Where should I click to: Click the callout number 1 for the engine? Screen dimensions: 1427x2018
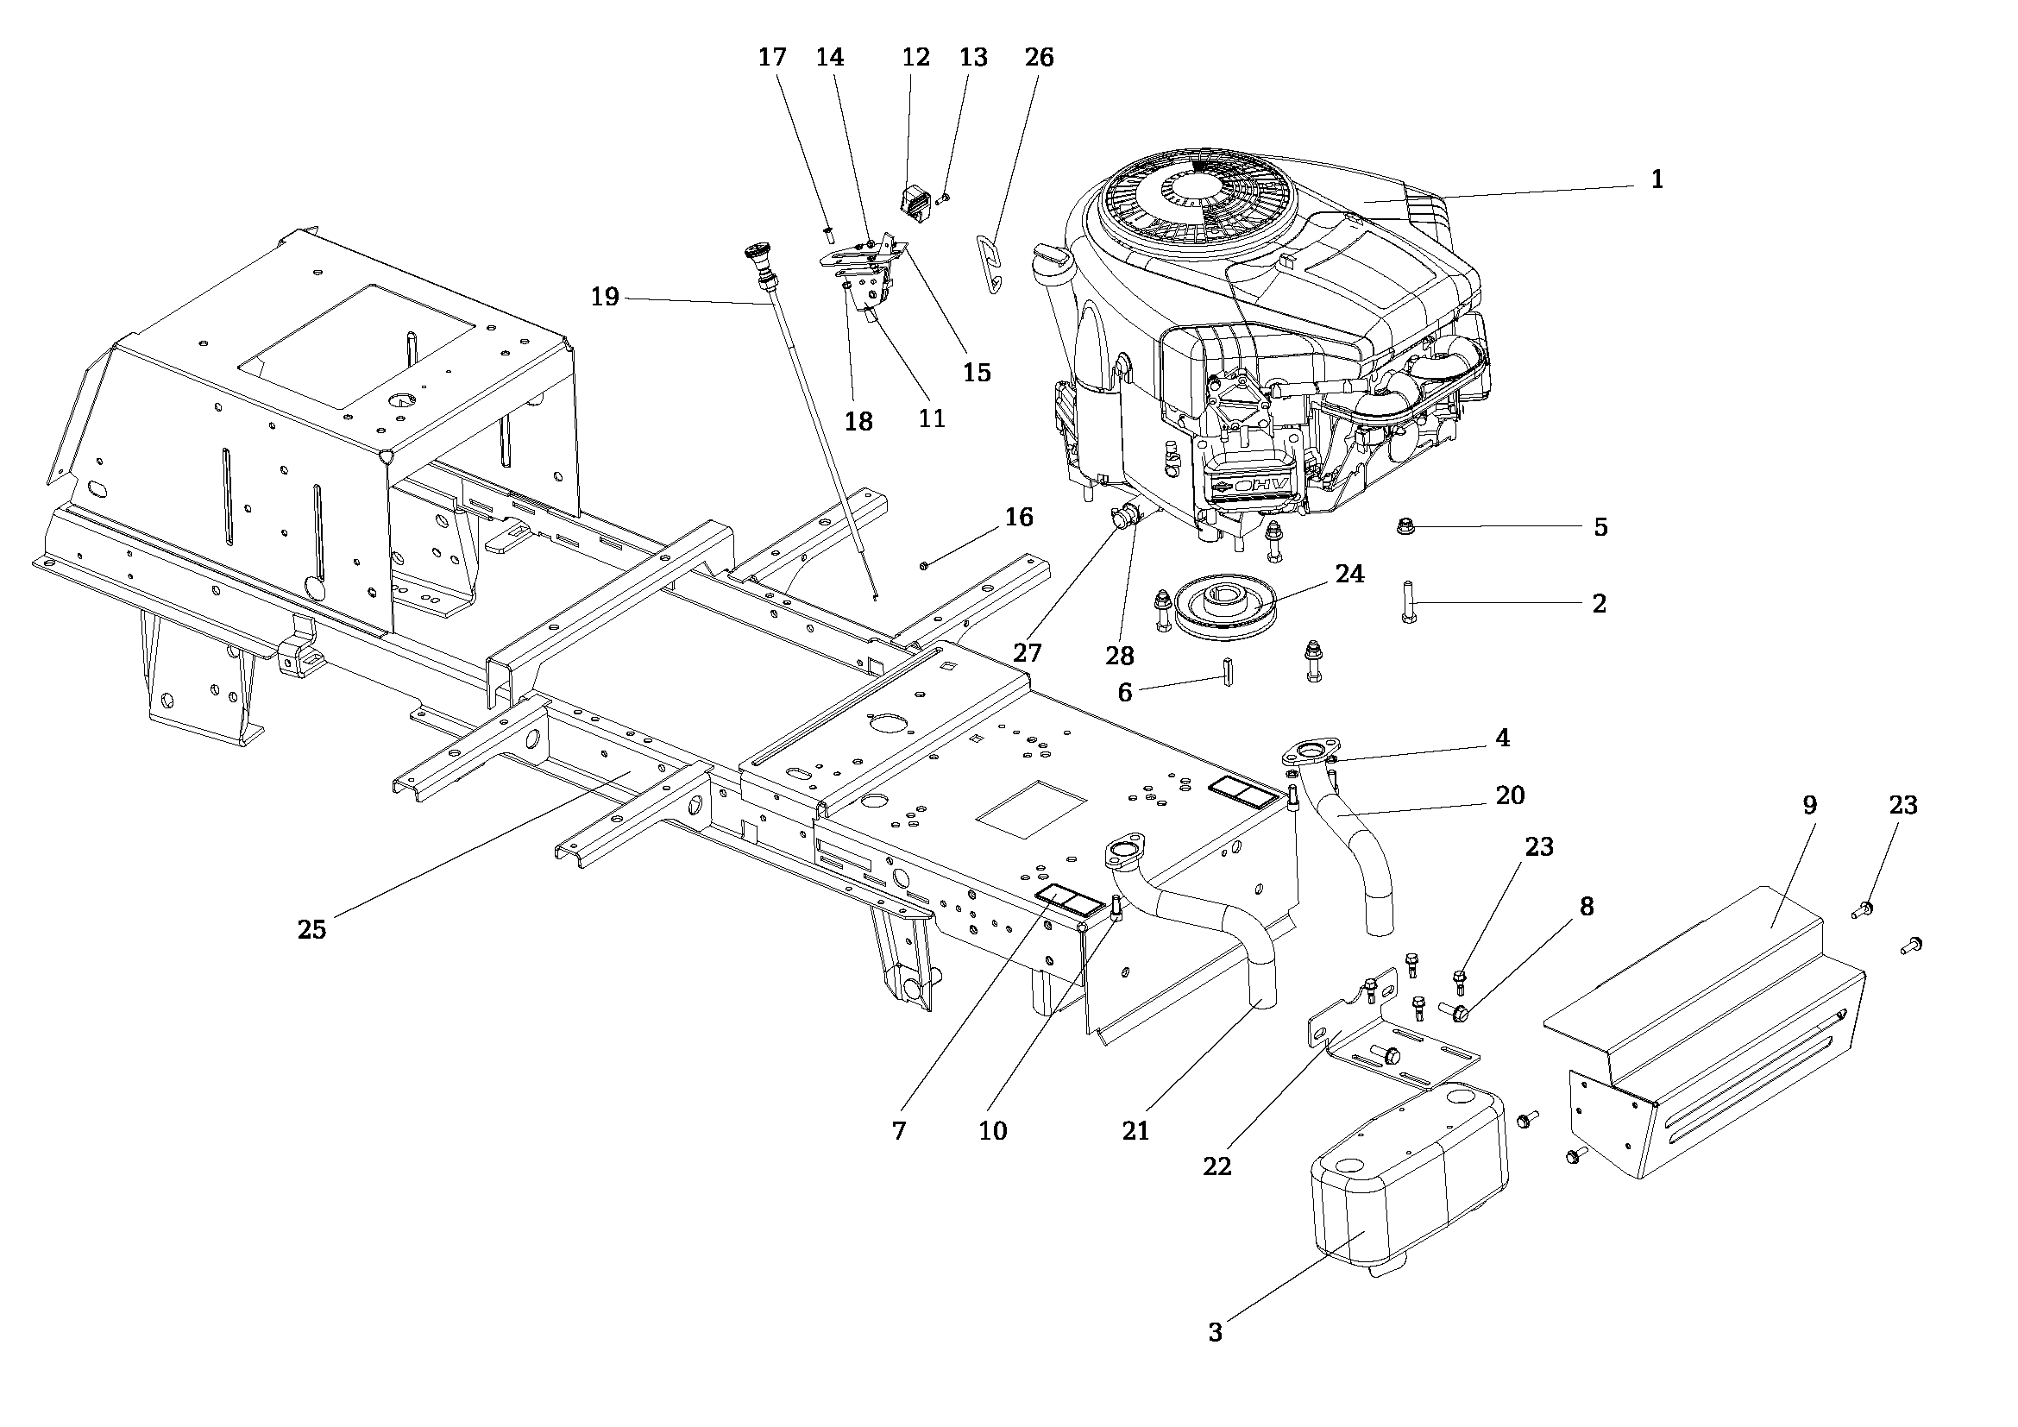point(1657,180)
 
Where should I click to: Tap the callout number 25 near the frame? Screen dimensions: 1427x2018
point(312,930)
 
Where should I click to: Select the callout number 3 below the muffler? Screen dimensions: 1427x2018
point(1216,1333)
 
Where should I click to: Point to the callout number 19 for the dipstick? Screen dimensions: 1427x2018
point(605,297)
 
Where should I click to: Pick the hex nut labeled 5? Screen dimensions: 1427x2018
point(1405,527)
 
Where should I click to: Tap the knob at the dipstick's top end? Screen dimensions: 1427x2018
point(754,255)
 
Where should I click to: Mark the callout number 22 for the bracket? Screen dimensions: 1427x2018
point(1217,1166)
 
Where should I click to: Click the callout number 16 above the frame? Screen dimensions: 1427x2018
point(1020,517)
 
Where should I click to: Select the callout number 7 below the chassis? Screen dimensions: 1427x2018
point(898,1132)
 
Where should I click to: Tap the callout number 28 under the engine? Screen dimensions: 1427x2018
point(1121,656)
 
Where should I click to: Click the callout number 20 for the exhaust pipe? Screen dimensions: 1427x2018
point(1510,795)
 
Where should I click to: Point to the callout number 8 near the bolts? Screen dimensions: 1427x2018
point(1587,907)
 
